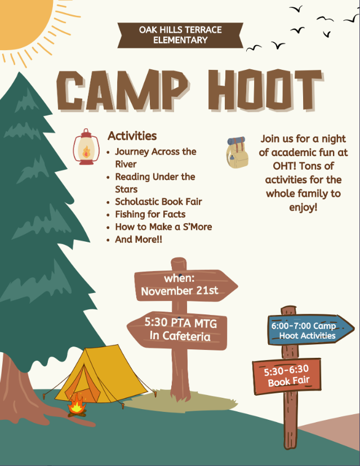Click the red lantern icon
(86, 147)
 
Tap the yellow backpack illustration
(237, 153)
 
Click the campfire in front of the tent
(77, 405)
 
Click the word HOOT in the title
(265, 90)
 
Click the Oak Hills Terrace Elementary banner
(180, 35)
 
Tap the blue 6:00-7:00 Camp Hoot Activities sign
(310, 330)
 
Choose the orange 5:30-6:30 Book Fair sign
(287, 376)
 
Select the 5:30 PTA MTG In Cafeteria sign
(177, 330)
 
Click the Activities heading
(132, 136)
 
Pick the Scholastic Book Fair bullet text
(159, 202)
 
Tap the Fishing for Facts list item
(150, 214)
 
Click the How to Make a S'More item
(164, 227)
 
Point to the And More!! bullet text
(139, 239)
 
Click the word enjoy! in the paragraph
(303, 207)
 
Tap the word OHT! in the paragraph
(285, 166)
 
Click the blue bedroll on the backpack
(237, 140)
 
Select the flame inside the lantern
(86, 152)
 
